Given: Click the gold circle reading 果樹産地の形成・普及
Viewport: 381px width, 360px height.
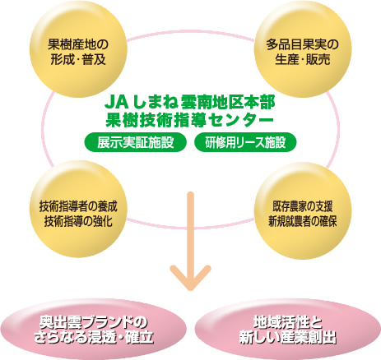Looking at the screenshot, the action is [78, 48].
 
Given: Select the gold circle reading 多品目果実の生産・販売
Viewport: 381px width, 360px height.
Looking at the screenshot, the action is [303, 48].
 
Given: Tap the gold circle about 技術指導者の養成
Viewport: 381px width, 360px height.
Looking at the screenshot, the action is [78, 209].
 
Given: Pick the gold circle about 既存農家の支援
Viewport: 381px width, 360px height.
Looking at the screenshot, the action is [303, 210].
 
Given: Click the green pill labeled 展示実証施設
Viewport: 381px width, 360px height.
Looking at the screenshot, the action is [136, 142].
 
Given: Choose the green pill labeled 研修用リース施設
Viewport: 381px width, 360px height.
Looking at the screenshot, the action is [245, 142].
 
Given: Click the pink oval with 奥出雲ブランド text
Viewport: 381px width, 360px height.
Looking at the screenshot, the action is [94, 329].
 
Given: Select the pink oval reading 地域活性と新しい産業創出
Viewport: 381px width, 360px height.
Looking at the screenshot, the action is [287, 329].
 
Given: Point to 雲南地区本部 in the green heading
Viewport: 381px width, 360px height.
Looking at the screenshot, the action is [228, 103].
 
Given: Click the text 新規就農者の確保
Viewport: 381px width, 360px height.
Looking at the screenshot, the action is [303, 222].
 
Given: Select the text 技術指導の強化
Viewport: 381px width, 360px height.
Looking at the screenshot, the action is [78, 222].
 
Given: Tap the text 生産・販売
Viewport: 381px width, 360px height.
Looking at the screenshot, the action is [303, 59].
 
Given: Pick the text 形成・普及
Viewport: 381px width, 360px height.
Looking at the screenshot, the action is [78, 59].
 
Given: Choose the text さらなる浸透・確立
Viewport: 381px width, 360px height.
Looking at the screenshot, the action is [94, 337].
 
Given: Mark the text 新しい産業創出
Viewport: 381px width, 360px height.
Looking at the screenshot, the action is [287, 337].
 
